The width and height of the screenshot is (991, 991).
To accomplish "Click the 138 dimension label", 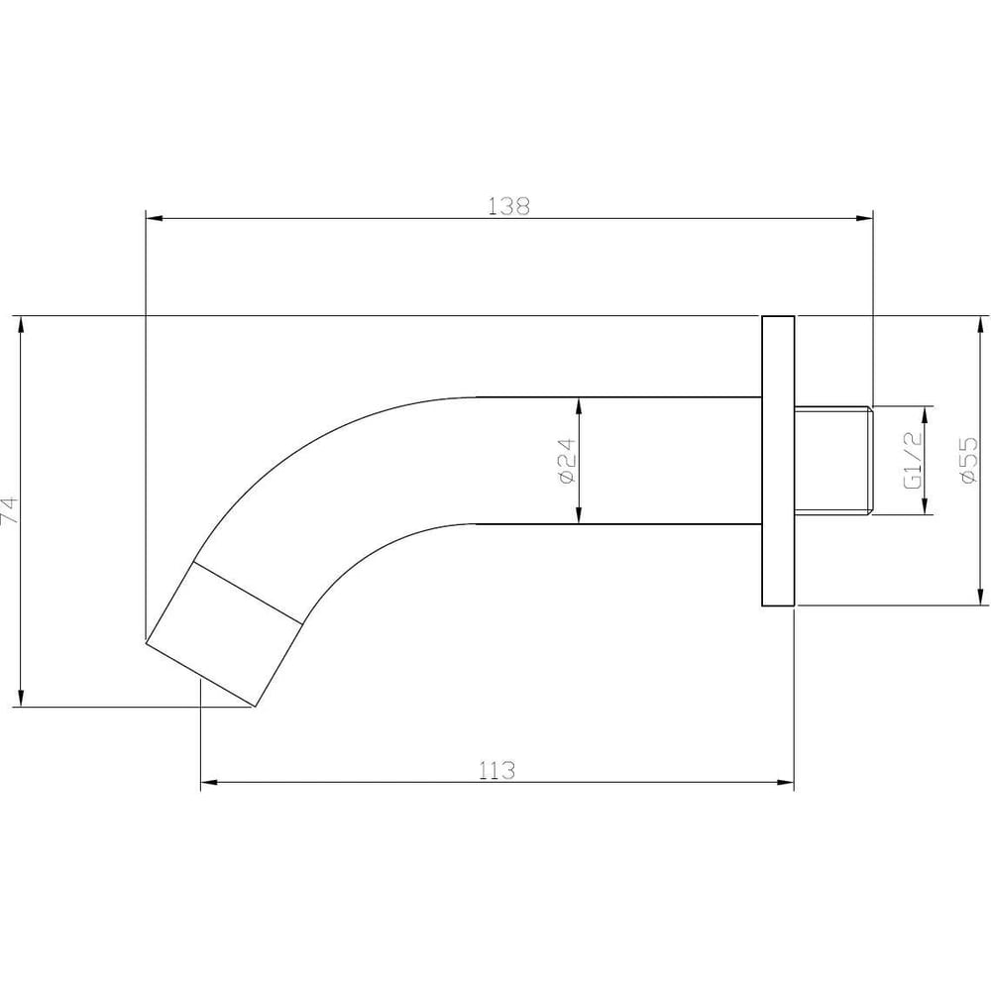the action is (x=508, y=206).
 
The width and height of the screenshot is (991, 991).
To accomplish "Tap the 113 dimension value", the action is (x=496, y=770).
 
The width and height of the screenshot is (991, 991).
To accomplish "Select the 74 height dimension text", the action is (x=10, y=510).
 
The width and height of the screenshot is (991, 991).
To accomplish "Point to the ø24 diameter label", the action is (x=567, y=461).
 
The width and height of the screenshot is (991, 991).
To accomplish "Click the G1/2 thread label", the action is (x=914, y=460).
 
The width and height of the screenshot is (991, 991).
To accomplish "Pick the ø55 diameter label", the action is (x=969, y=460).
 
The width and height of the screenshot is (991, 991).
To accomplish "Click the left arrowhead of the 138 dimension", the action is (x=155, y=219).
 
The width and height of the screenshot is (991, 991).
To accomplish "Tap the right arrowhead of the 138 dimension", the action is (x=864, y=219).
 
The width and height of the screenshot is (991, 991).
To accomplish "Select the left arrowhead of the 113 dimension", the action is (x=209, y=783).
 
